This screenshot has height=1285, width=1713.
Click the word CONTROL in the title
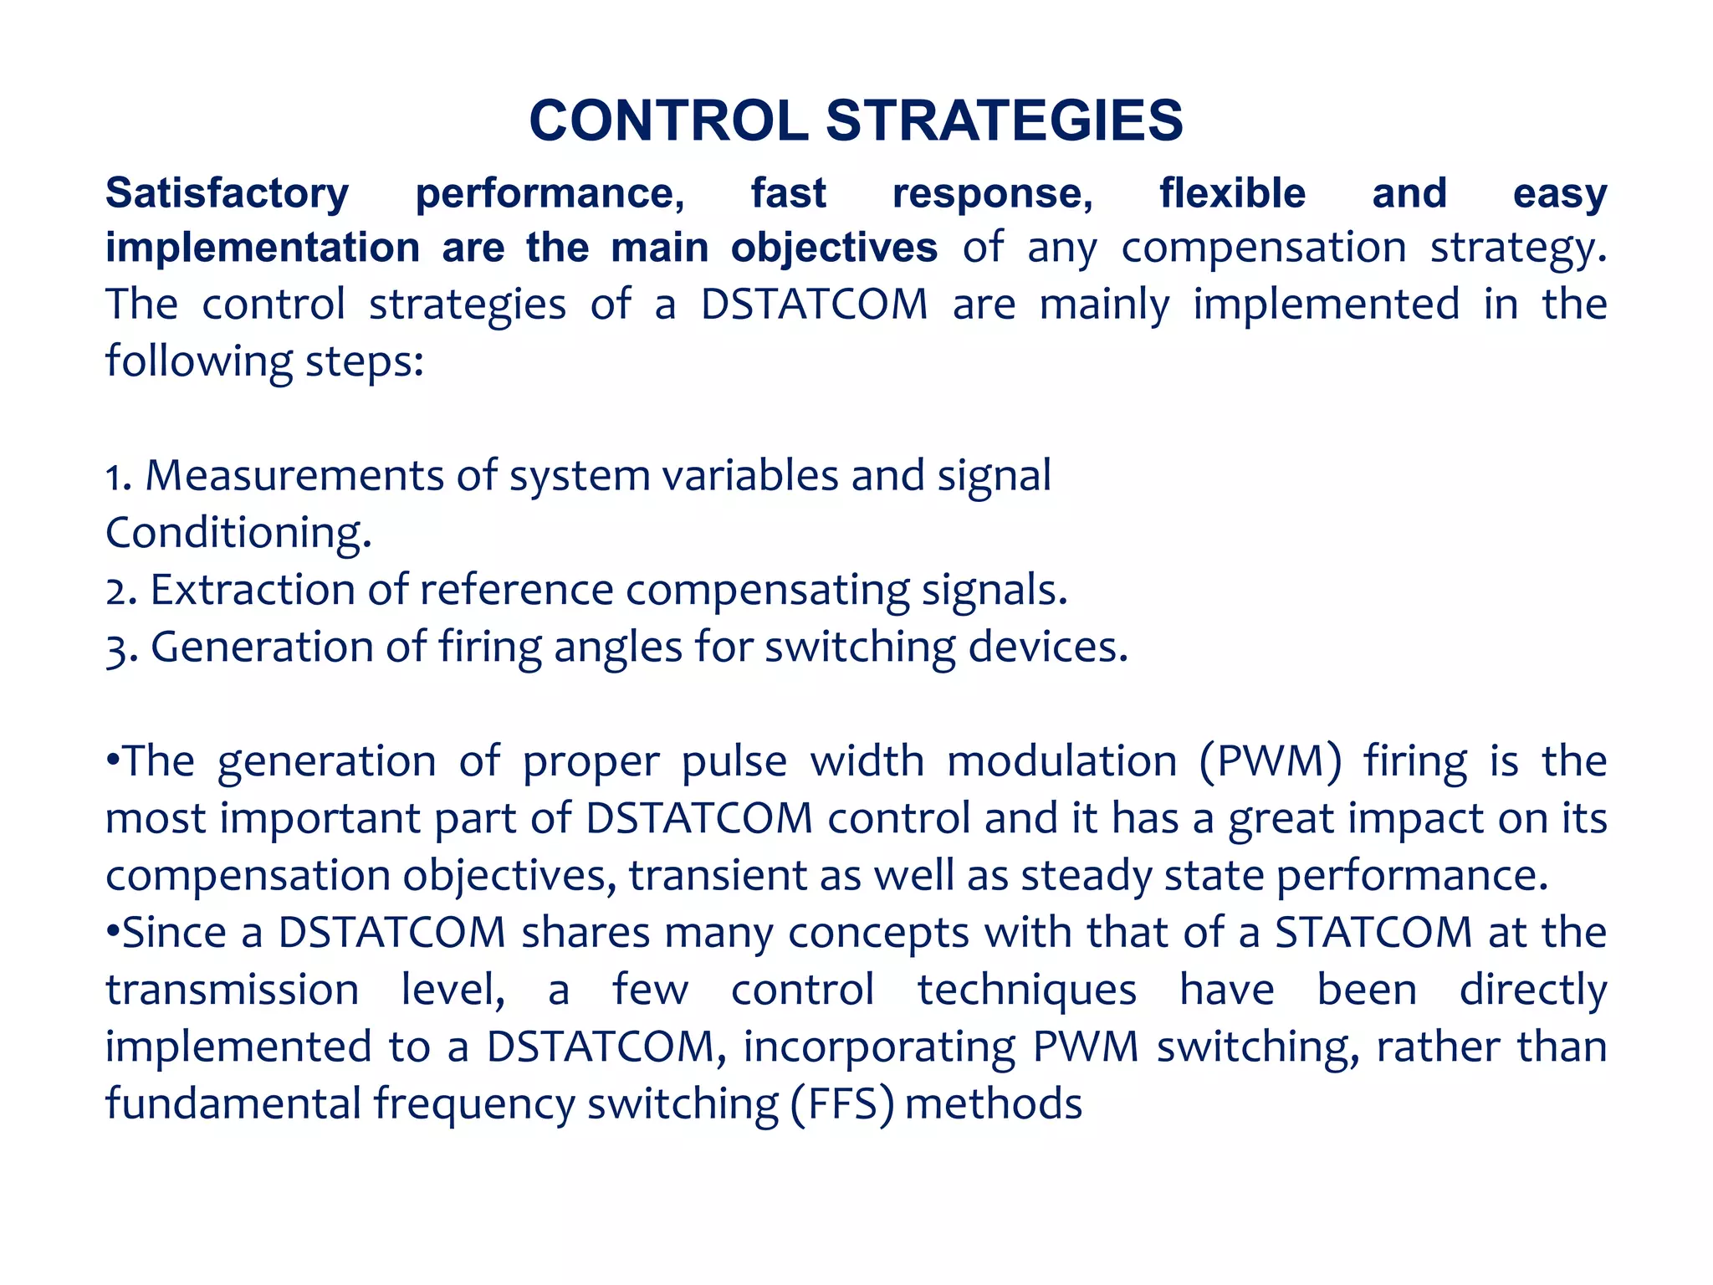668,120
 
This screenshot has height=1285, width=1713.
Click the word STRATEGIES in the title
1004,120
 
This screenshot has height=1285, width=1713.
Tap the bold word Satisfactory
227,193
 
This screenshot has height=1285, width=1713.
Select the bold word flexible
1231,193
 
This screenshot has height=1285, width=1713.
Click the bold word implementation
263,248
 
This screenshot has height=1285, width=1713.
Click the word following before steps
198,361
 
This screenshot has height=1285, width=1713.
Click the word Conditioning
237,532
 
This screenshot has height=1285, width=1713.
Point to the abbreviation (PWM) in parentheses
1270,761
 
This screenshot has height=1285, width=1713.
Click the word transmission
232,990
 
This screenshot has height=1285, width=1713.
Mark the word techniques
1026,990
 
